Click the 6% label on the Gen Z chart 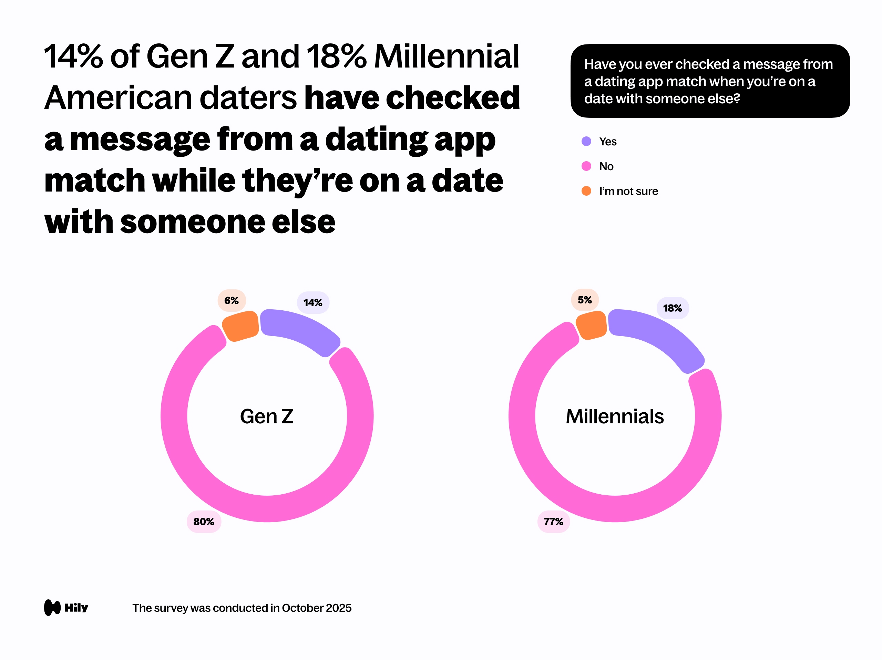pos(231,300)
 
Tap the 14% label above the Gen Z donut pos(313,302)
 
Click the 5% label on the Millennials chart pos(585,300)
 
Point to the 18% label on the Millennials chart pos(672,308)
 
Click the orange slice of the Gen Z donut pos(240,326)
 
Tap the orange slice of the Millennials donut pos(591,325)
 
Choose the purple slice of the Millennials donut pos(658,337)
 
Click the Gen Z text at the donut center pos(267,416)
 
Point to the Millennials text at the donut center pos(614,416)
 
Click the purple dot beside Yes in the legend pos(586,142)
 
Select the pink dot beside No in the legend pos(586,166)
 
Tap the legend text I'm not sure pos(628,191)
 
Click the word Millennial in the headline pos(447,56)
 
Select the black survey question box pos(710,81)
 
